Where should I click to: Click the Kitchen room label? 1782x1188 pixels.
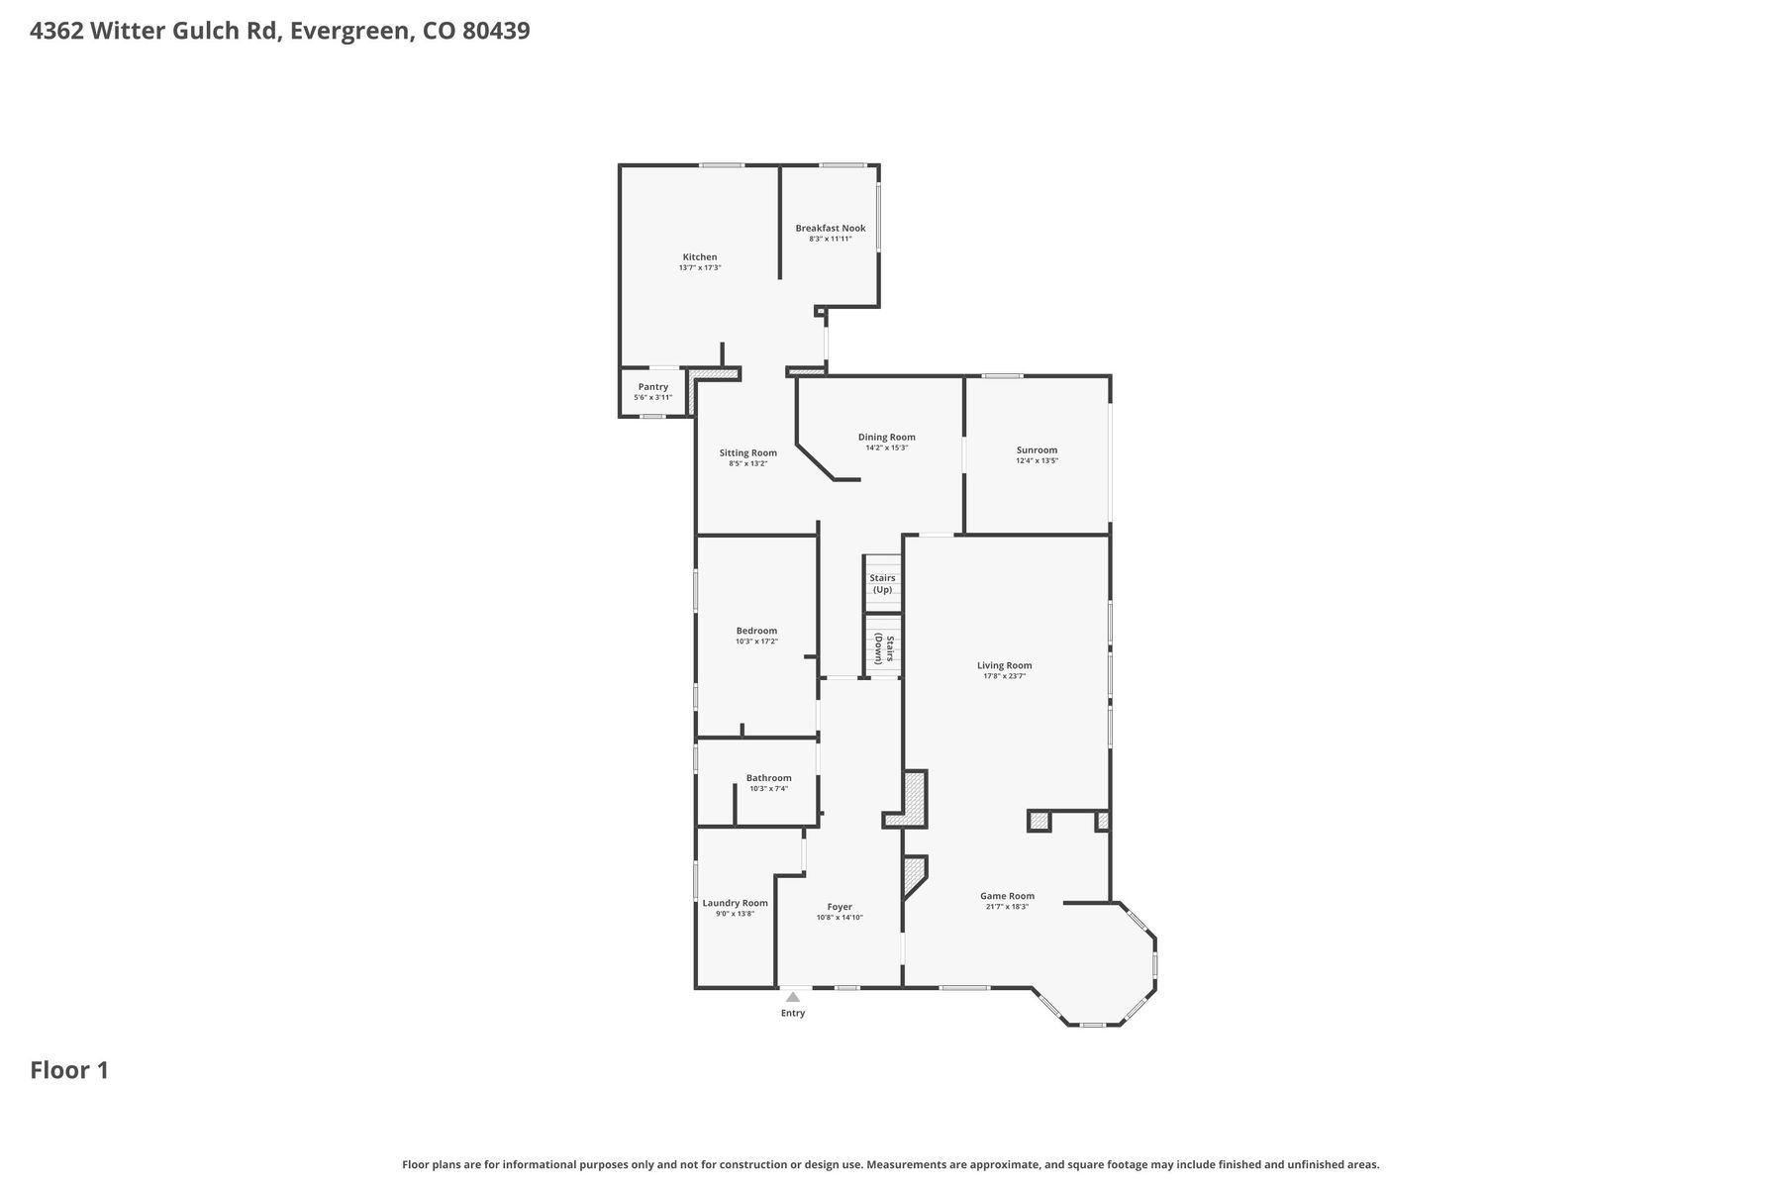pyautogui.click(x=700, y=257)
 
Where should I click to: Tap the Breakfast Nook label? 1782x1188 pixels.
pyautogui.click(x=831, y=229)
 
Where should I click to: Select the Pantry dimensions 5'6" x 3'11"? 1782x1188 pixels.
pyautogui.click(x=653, y=398)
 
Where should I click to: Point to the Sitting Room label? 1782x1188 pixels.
pyautogui.click(x=748, y=453)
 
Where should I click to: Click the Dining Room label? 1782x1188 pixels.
pyautogui.click(x=887, y=438)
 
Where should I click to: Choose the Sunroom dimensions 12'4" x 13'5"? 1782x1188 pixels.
pyautogui.click(x=1038, y=461)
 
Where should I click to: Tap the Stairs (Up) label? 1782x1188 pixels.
pyautogui.click(x=882, y=584)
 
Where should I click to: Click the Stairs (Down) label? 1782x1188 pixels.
pyautogui.click(x=883, y=648)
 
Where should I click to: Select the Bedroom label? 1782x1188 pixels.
pyautogui.click(x=756, y=631)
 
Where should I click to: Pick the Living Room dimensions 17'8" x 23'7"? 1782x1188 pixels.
pyautogui.click(x=1005, y=676)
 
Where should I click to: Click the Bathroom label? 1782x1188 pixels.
pyautogui.click(x=769, y=778)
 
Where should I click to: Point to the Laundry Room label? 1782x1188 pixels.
pyautogui.click(x=736, y=903)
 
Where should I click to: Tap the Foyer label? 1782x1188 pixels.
pyautogui.click(x=840, y=907)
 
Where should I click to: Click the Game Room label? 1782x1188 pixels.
pyautogui.click(x=1008, y=896)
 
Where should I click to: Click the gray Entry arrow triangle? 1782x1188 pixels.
pyautogui.click(x=793, y=998)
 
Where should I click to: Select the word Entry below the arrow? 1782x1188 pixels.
pyautogui.click(x=793, y=1013)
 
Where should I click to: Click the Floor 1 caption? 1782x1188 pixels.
pyautogui.click(x=69, y=1070)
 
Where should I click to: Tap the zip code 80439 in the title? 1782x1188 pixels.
pyautogui.click(x=496, y=31)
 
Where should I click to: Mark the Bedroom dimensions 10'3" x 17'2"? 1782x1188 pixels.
pyautogui.click(x=756, y=642)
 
